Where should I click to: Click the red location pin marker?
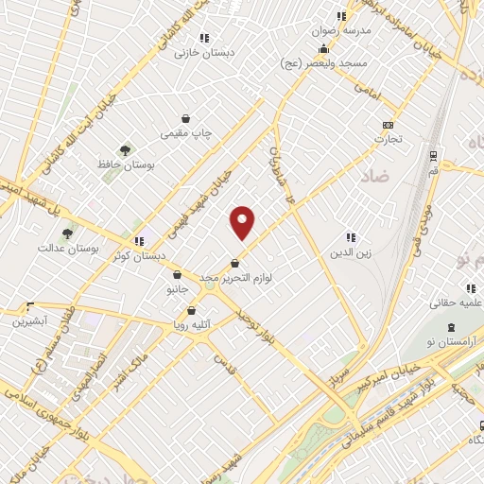pos(243,222)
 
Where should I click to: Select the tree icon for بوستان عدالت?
pos(66,233)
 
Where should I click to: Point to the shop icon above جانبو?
pos(177,274)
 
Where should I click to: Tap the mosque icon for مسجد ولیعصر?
pos(324,49)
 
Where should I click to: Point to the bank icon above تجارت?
pos(388,125)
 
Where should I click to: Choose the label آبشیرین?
pos(30,320)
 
